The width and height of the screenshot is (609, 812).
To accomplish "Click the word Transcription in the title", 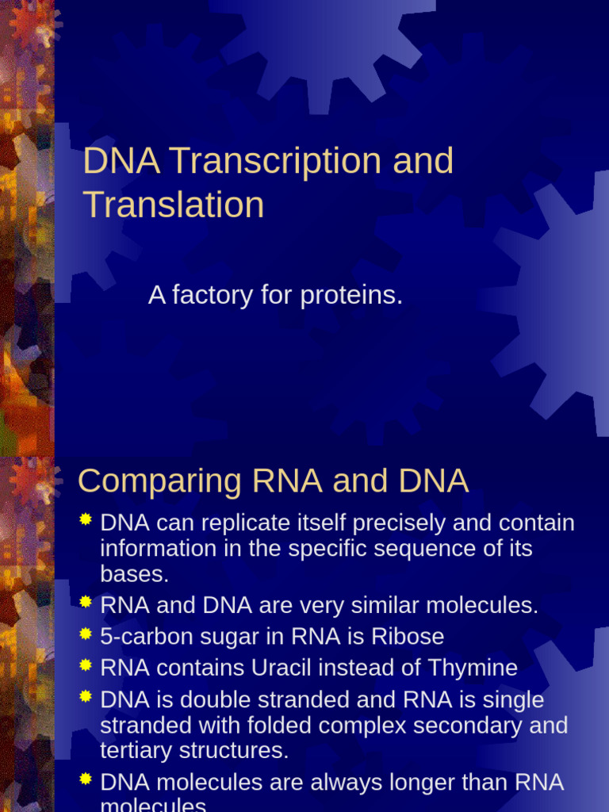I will pyautogui.click(x=275, y=162).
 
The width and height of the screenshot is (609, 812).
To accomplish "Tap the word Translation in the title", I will pyautogui.click(x=174, y=205).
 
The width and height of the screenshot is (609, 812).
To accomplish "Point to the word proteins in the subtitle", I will pyautogui.click(x=351, y=296).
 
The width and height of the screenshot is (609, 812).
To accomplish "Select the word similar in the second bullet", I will pyautogui.click(x=380, y=606).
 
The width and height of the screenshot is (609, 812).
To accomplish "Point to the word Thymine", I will pyautogui.click(x=474, y=668).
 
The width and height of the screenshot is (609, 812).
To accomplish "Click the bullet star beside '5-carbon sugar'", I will pyautogui.click(x=86, y=634).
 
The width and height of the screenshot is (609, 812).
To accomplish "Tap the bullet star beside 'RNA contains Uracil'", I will pyautogui.click(x=86, y=665).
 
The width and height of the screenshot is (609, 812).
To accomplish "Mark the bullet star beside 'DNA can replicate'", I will pyautogui.click(x=86, y=520).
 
